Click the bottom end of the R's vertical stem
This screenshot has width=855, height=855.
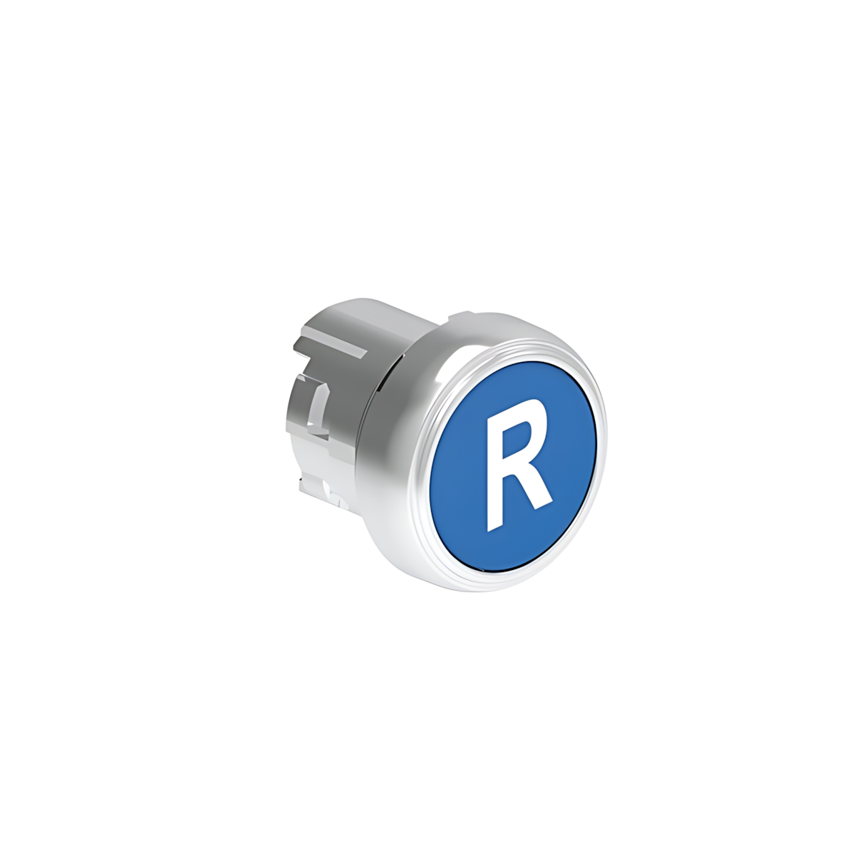[x=493, y=527]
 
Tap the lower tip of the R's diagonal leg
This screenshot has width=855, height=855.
[x=545, y=505]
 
